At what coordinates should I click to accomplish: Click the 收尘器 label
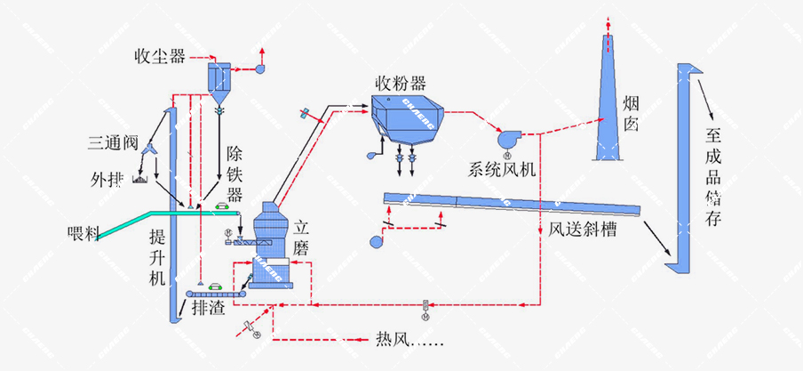point(160,57)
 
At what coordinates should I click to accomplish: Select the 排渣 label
point(211,309)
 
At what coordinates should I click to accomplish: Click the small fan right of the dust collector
point(261,67)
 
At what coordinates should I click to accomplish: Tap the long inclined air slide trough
point(511,204)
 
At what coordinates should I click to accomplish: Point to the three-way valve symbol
point(153,149)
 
